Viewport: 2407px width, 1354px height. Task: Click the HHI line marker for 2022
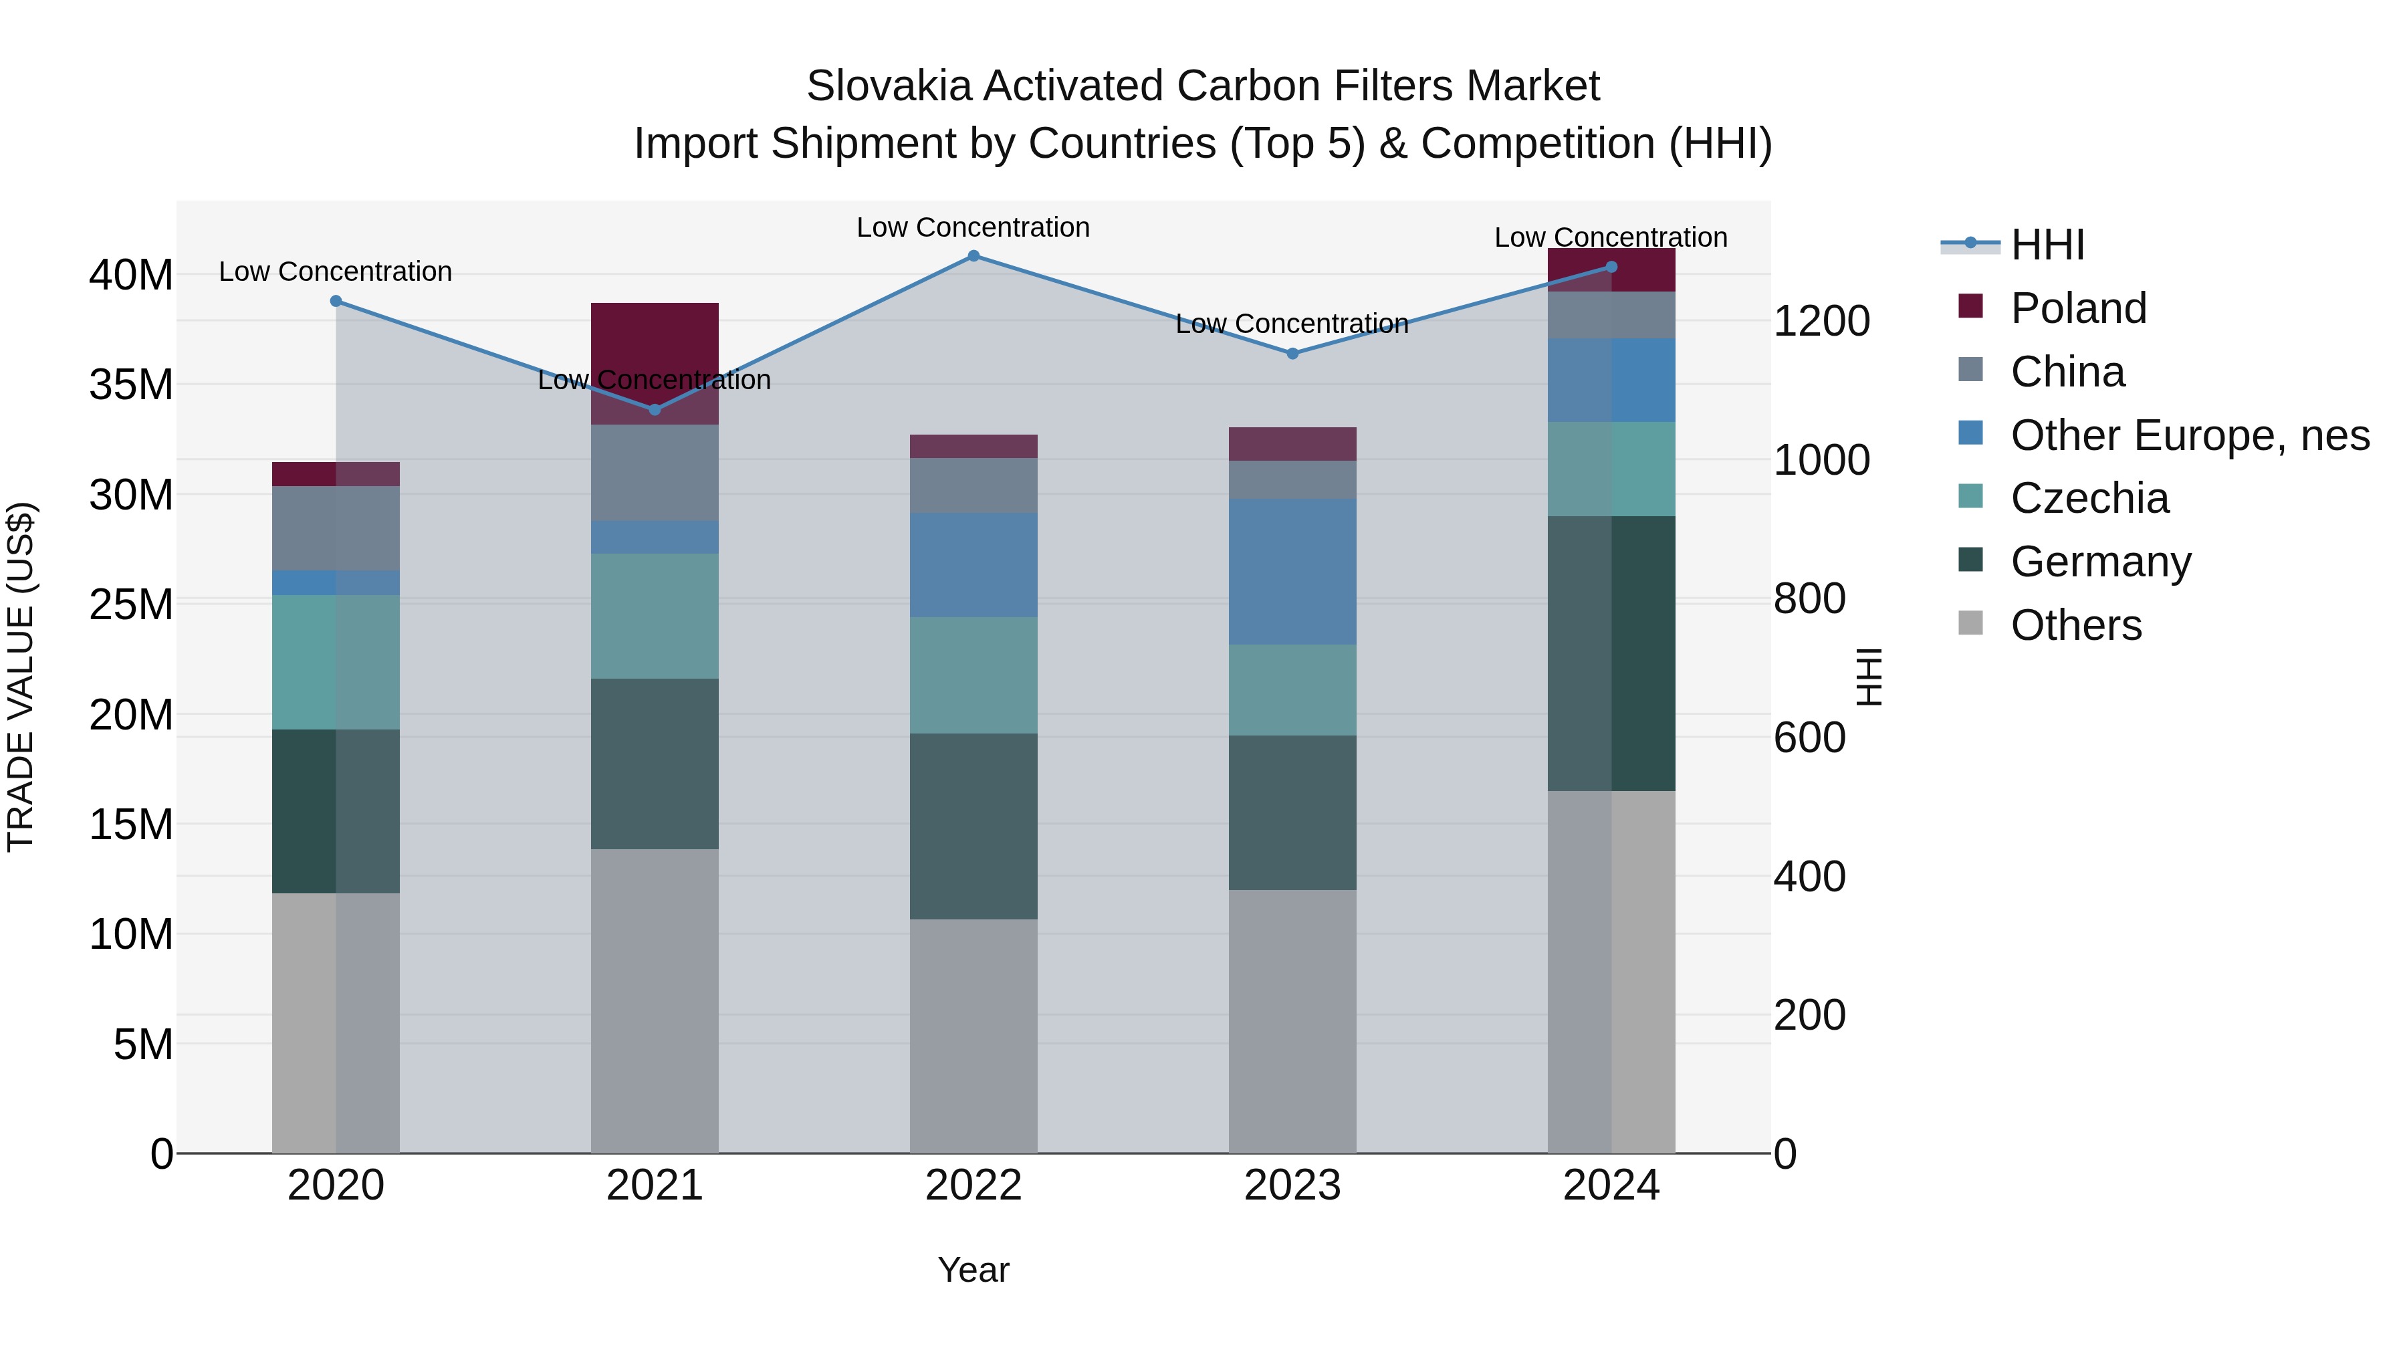[x=973, y=256]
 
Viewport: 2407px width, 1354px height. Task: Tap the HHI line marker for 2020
[x=336, y=301]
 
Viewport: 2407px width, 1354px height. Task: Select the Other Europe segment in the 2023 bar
[x=1292, y=571]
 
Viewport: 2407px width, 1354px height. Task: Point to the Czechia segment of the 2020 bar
[x=336, y=661]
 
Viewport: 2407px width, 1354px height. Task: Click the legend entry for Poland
[x=2078, y=308]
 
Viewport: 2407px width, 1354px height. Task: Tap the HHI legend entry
[x=2047, y=245]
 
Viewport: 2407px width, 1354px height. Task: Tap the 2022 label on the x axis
[x=973, y=1186]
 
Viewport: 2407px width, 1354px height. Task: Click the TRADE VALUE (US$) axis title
[x=21, y=677]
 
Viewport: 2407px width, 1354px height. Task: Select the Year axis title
[x=973, y=1270]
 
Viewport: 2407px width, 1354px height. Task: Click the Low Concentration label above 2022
[x=973, y=227]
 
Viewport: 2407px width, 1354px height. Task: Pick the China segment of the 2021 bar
[x=654, y=472]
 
